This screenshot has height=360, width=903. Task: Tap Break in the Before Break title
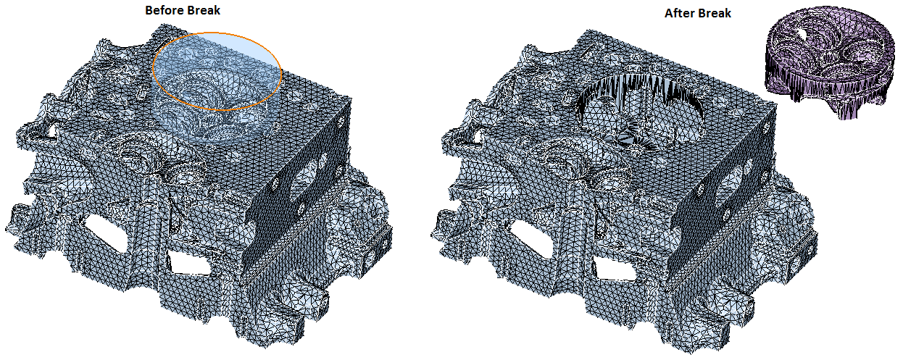(x=204, y=10)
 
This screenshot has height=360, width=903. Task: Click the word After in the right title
(x=679, y=13)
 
